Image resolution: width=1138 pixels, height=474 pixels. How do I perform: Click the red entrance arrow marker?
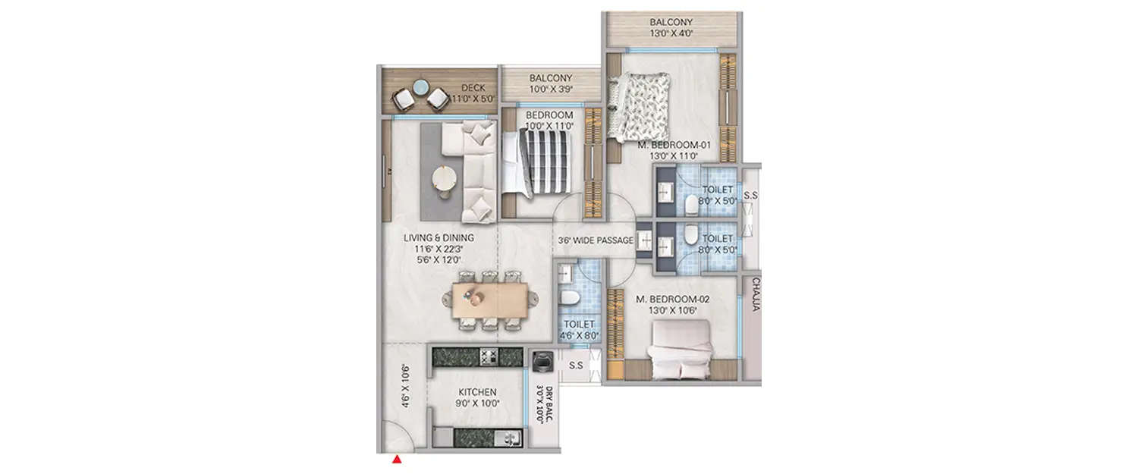coord(396,459)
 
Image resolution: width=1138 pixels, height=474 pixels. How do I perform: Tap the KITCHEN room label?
coord(477,392)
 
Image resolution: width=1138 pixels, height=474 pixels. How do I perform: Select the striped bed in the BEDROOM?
coord(542,161)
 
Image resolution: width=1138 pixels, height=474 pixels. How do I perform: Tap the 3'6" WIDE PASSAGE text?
coord(596,240)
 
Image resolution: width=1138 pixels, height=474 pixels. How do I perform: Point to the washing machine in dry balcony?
coord(542,363)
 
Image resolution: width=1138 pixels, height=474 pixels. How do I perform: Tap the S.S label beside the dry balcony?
coord(576,366)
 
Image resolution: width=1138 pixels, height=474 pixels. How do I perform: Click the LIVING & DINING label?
coord(439,237)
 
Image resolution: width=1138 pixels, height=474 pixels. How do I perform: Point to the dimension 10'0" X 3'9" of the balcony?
coord(550,89)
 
